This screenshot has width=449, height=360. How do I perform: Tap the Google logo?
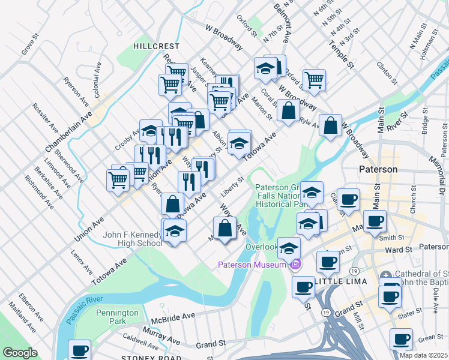pyautogui.click(x=19, y=353)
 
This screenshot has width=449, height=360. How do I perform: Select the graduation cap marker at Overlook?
pyautogui.click(x=289, y=248)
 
